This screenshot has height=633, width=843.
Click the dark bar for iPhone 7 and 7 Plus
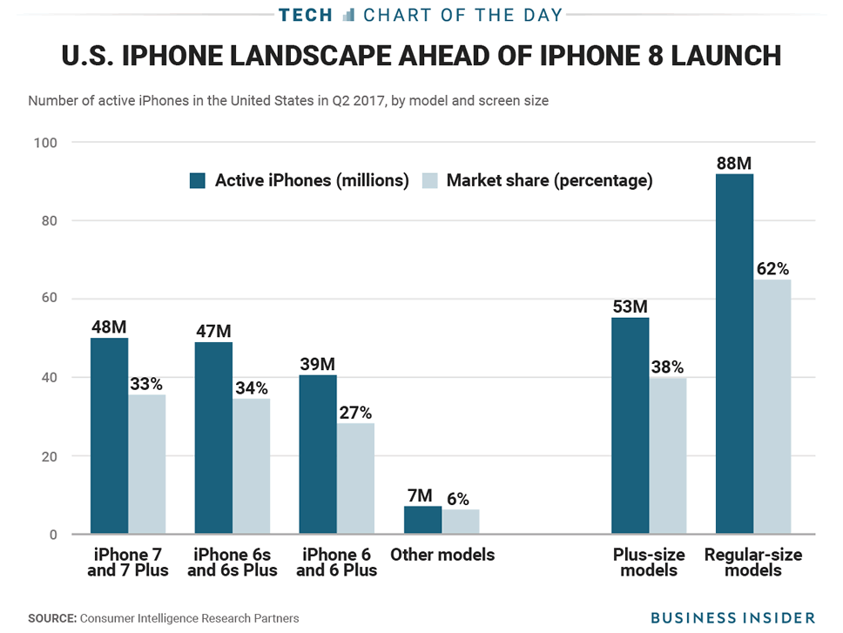(109, 435)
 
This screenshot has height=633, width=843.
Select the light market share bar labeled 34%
(251, 466)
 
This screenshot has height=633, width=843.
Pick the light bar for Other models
(461, 522)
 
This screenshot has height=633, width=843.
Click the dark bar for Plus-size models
(630, 426)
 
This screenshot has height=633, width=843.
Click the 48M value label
(109, 327)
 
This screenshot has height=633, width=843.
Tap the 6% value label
(458, 499)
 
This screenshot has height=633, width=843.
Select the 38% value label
(667, 367)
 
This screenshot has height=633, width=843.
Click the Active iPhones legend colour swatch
(198, 181)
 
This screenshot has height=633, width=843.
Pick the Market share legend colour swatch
(429, 181)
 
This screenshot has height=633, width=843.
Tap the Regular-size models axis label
(753, 562)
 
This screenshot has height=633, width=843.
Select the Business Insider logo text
(733, 617)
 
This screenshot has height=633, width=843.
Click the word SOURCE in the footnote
(51, 618)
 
